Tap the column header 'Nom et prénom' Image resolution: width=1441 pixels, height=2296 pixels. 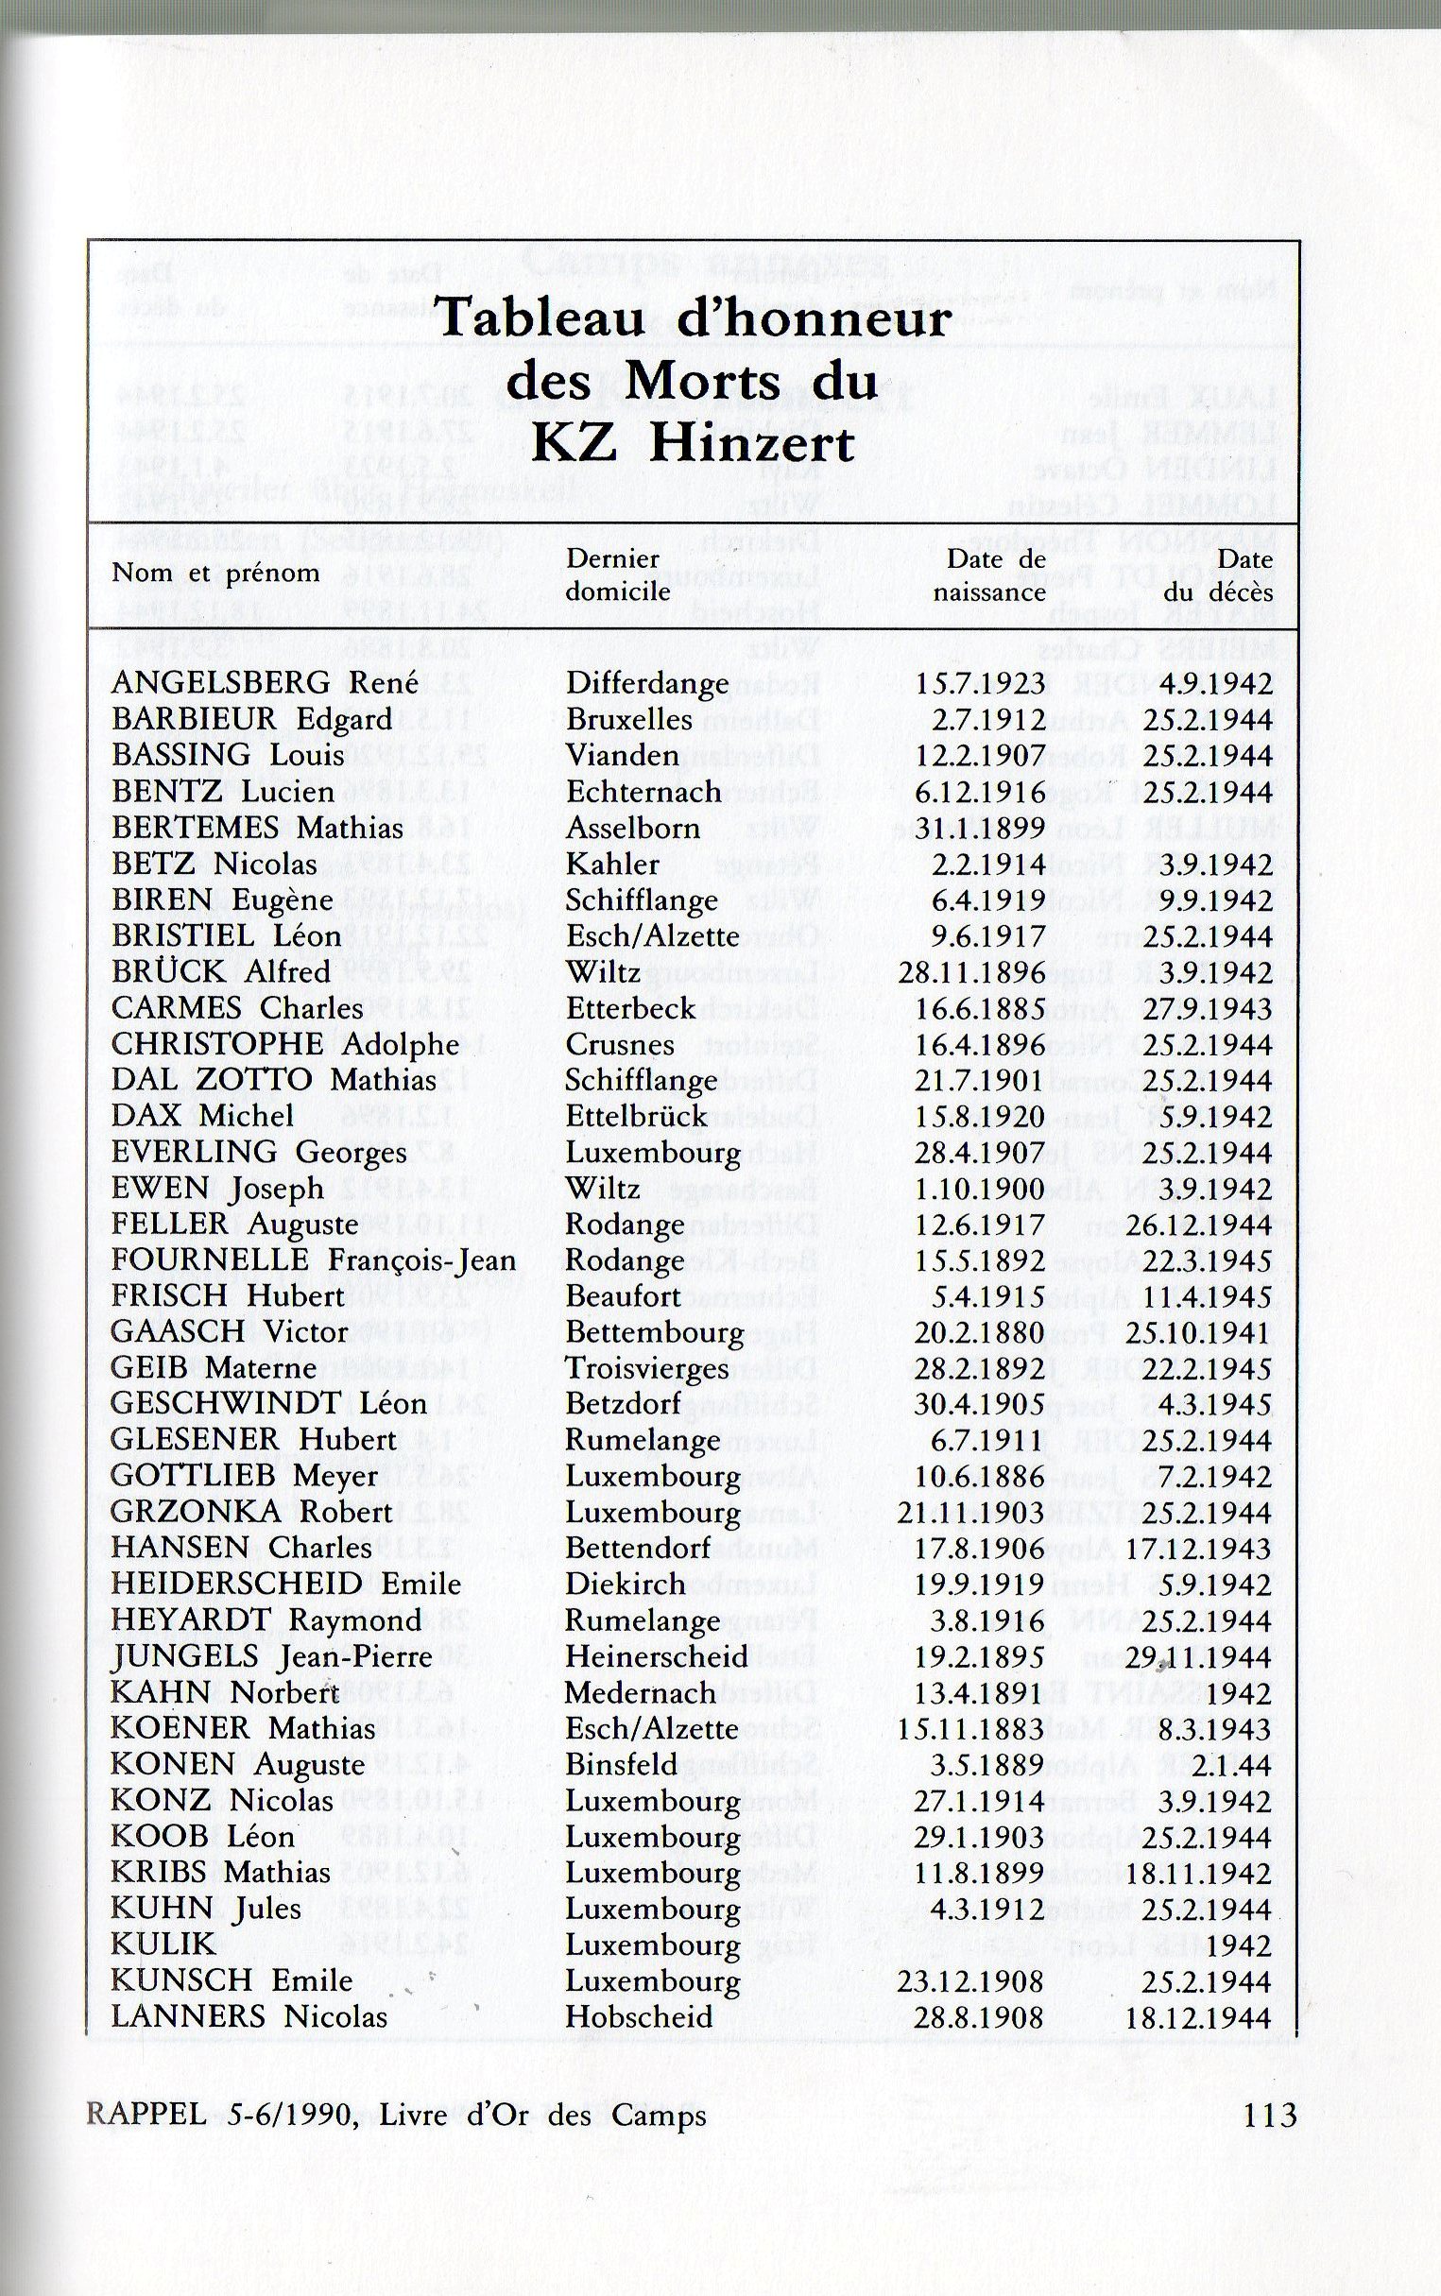point(215,574)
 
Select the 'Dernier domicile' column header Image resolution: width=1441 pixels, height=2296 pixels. point(614,575)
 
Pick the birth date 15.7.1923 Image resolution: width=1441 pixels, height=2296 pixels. point(980,683)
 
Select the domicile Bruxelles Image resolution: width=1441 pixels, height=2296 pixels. point(629,719)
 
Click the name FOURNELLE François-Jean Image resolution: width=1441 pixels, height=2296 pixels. point(314,1260)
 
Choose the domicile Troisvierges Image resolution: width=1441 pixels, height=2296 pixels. point(647,1368)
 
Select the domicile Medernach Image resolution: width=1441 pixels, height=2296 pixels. point(640,1693)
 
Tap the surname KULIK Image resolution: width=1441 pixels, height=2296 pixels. point(149,1945)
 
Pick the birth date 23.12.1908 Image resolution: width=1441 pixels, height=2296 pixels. point(970,1980)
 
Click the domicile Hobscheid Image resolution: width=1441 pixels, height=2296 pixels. point(639,2017)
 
